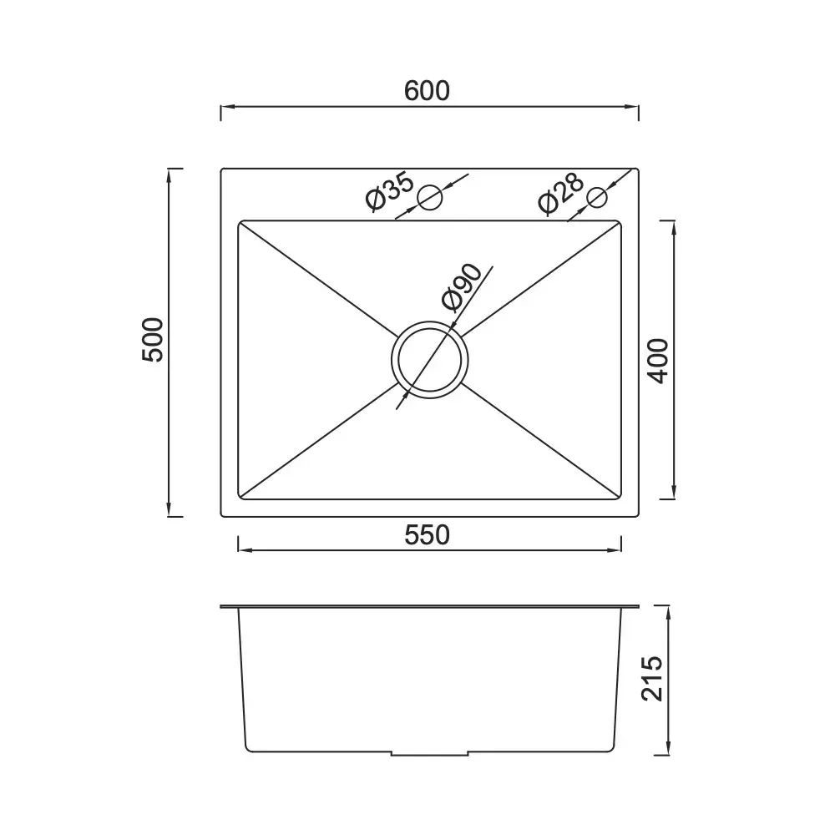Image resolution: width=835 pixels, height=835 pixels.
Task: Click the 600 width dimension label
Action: [x=427, y=91]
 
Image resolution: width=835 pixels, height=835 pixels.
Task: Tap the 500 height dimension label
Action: [x=153, y=340]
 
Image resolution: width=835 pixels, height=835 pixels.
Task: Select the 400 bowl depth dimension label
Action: [x=658, y=361]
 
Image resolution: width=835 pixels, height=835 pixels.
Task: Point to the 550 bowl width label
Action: [x=427, y=535]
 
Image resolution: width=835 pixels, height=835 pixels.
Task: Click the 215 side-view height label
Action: [x=652, y=678]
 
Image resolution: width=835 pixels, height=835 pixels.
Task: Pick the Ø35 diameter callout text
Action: [x=390, y=191]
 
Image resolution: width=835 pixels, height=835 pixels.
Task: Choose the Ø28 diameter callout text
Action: [x=561, y=193]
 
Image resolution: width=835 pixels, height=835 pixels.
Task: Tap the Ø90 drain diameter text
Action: [x=462, y=287]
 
